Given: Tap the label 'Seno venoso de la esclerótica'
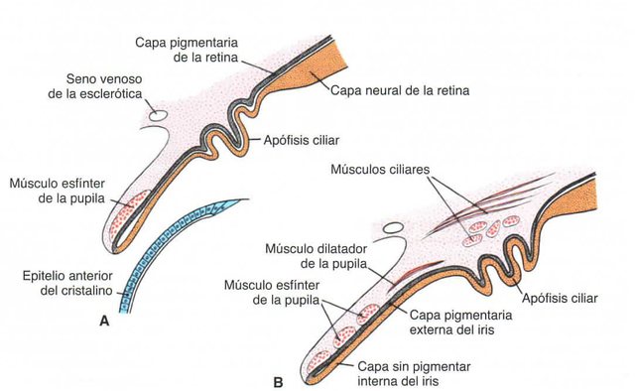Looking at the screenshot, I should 109,86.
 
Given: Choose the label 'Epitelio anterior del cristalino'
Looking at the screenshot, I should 74,284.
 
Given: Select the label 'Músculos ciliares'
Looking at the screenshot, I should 382,170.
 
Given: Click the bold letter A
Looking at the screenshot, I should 103,321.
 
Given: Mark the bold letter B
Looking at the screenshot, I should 278,380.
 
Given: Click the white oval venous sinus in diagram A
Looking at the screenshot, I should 156,115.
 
